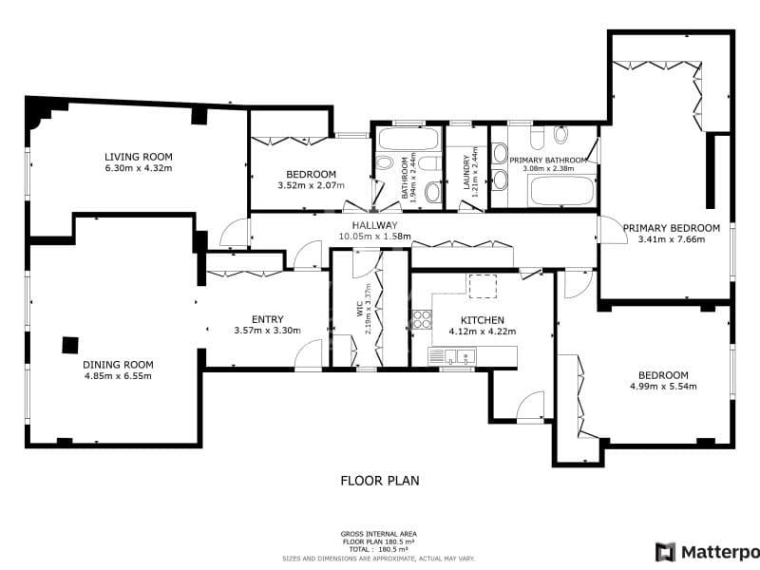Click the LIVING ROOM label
click(138, 157)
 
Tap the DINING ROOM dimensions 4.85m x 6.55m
click(118, 375)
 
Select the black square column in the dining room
click(70, 345)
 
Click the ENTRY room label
click(267, 319)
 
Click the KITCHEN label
click(482, 320)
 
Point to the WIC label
click(360, 310)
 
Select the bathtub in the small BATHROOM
click(408, 140)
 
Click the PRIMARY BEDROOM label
click(671, 228)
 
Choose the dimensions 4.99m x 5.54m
click(663, 387)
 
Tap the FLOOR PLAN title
click(380, 481)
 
